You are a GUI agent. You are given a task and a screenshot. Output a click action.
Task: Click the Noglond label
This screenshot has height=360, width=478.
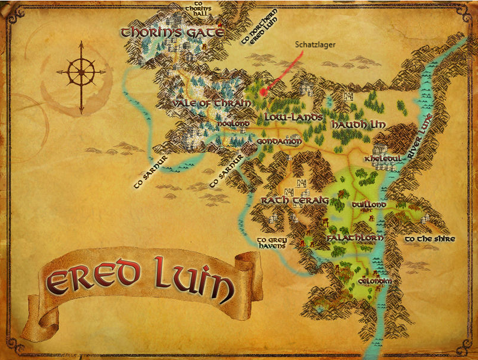point(233,124)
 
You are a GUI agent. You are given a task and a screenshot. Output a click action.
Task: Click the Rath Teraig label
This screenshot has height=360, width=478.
point(294,200)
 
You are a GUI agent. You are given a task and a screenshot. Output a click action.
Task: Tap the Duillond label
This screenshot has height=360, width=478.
point(369,205)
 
